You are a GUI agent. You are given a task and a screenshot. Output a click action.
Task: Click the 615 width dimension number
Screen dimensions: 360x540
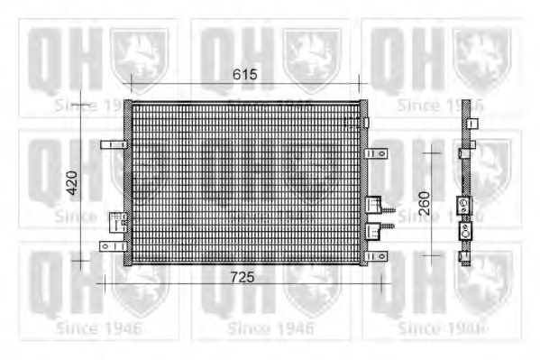click(x=243, y=75)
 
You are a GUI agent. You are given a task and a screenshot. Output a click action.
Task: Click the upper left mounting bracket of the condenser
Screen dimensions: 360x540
click(x=112, y=144)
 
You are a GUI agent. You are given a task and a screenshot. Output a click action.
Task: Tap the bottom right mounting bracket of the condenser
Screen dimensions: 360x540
click(x=376, y=256)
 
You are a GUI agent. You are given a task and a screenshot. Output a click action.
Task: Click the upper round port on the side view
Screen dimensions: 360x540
click(x=465, y=206)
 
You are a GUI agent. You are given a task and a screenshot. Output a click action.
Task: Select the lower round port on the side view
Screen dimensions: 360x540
click(x=465, y=231)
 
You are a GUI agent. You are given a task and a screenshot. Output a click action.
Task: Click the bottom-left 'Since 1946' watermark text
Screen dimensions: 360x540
click(x=97, y=328)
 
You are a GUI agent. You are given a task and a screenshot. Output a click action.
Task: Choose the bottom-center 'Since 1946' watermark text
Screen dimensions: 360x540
click(x=270, y=328)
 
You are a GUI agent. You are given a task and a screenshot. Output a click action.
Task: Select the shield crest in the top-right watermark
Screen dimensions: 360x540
click(x=483, y=59)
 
